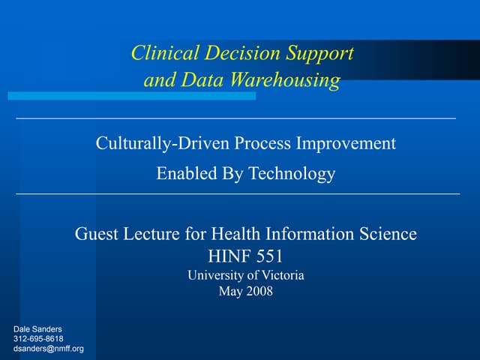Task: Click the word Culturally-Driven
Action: pos(162,143)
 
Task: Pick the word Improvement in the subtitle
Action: pos(351,143)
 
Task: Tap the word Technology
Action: pos(292,175)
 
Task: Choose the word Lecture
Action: pos(153,234)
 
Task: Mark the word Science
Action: pos(384,234)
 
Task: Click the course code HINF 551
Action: pos(245,256)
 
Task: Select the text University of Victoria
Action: pos(245,275)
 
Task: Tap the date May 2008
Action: pos(245,292)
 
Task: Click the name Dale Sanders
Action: pos(39,329)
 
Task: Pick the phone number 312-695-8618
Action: pos(39,339)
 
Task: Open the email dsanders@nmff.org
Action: pos(49,349)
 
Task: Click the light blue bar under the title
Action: pos(131,96)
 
